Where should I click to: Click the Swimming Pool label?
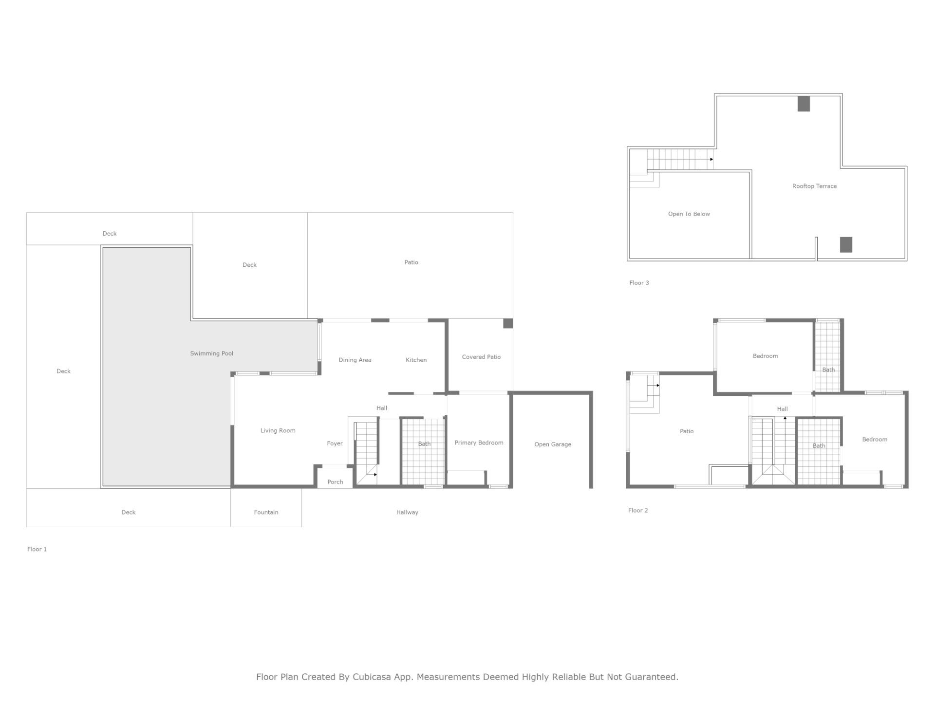(x=211, y=353)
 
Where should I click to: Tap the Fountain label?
(x=266, y=512)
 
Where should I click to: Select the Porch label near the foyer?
(x=335, y=482)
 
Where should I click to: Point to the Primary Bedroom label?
(x=479, y=443)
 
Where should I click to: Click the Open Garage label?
(x=553, y=444)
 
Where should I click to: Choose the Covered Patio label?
(x=481, y=357)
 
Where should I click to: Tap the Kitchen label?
(x=416, y=360)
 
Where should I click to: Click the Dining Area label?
(x=355, y=360)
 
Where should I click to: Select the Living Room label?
(x=278, y=431)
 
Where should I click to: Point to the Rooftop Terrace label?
(x=814, y=186)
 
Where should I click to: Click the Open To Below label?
(x=689, y=214)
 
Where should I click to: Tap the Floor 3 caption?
(x=639, y=283)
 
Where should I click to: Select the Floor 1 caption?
(x=37, y=549)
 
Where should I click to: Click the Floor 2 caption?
(x=638, y=511)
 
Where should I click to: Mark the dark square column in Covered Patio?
(x=508, y=323)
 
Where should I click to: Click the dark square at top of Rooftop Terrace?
(x=804, y=104)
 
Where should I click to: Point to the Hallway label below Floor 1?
(x=407, y=512)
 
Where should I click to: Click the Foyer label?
(x=335, y=443)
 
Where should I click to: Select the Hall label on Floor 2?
(x=782, y=409)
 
